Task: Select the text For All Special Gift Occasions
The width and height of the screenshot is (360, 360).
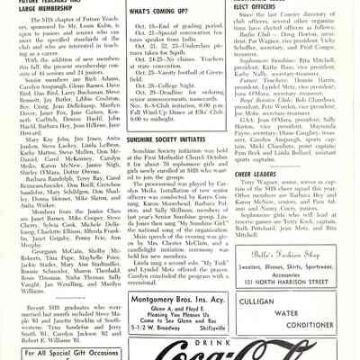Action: click(61, 349)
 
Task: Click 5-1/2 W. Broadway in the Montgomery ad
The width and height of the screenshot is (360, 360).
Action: click(154, 327)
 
